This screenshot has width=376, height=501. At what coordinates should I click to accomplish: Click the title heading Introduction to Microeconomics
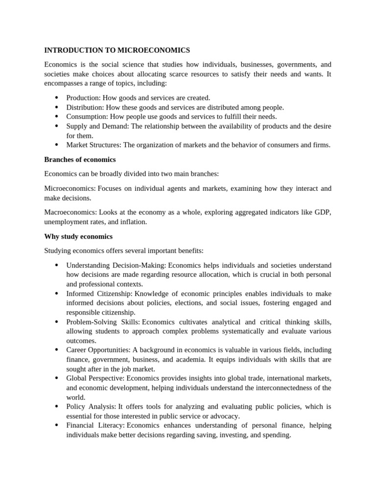(117, 50)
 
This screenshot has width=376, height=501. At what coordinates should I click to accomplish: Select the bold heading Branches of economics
(80, 159)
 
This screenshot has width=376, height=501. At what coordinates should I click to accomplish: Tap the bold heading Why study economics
(78, 236)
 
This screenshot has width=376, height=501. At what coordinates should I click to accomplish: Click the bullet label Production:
(83, 98)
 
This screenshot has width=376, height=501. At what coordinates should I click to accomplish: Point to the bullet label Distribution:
(85, 107)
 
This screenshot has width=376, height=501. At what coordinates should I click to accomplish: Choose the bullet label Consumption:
(87, 116)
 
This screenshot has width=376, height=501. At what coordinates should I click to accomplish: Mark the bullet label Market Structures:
(94, 145)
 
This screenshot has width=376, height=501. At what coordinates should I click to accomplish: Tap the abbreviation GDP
(324, 212)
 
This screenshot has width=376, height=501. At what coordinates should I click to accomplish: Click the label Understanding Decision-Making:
(116, 265)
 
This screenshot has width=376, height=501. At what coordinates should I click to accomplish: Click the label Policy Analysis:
(91, 407)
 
